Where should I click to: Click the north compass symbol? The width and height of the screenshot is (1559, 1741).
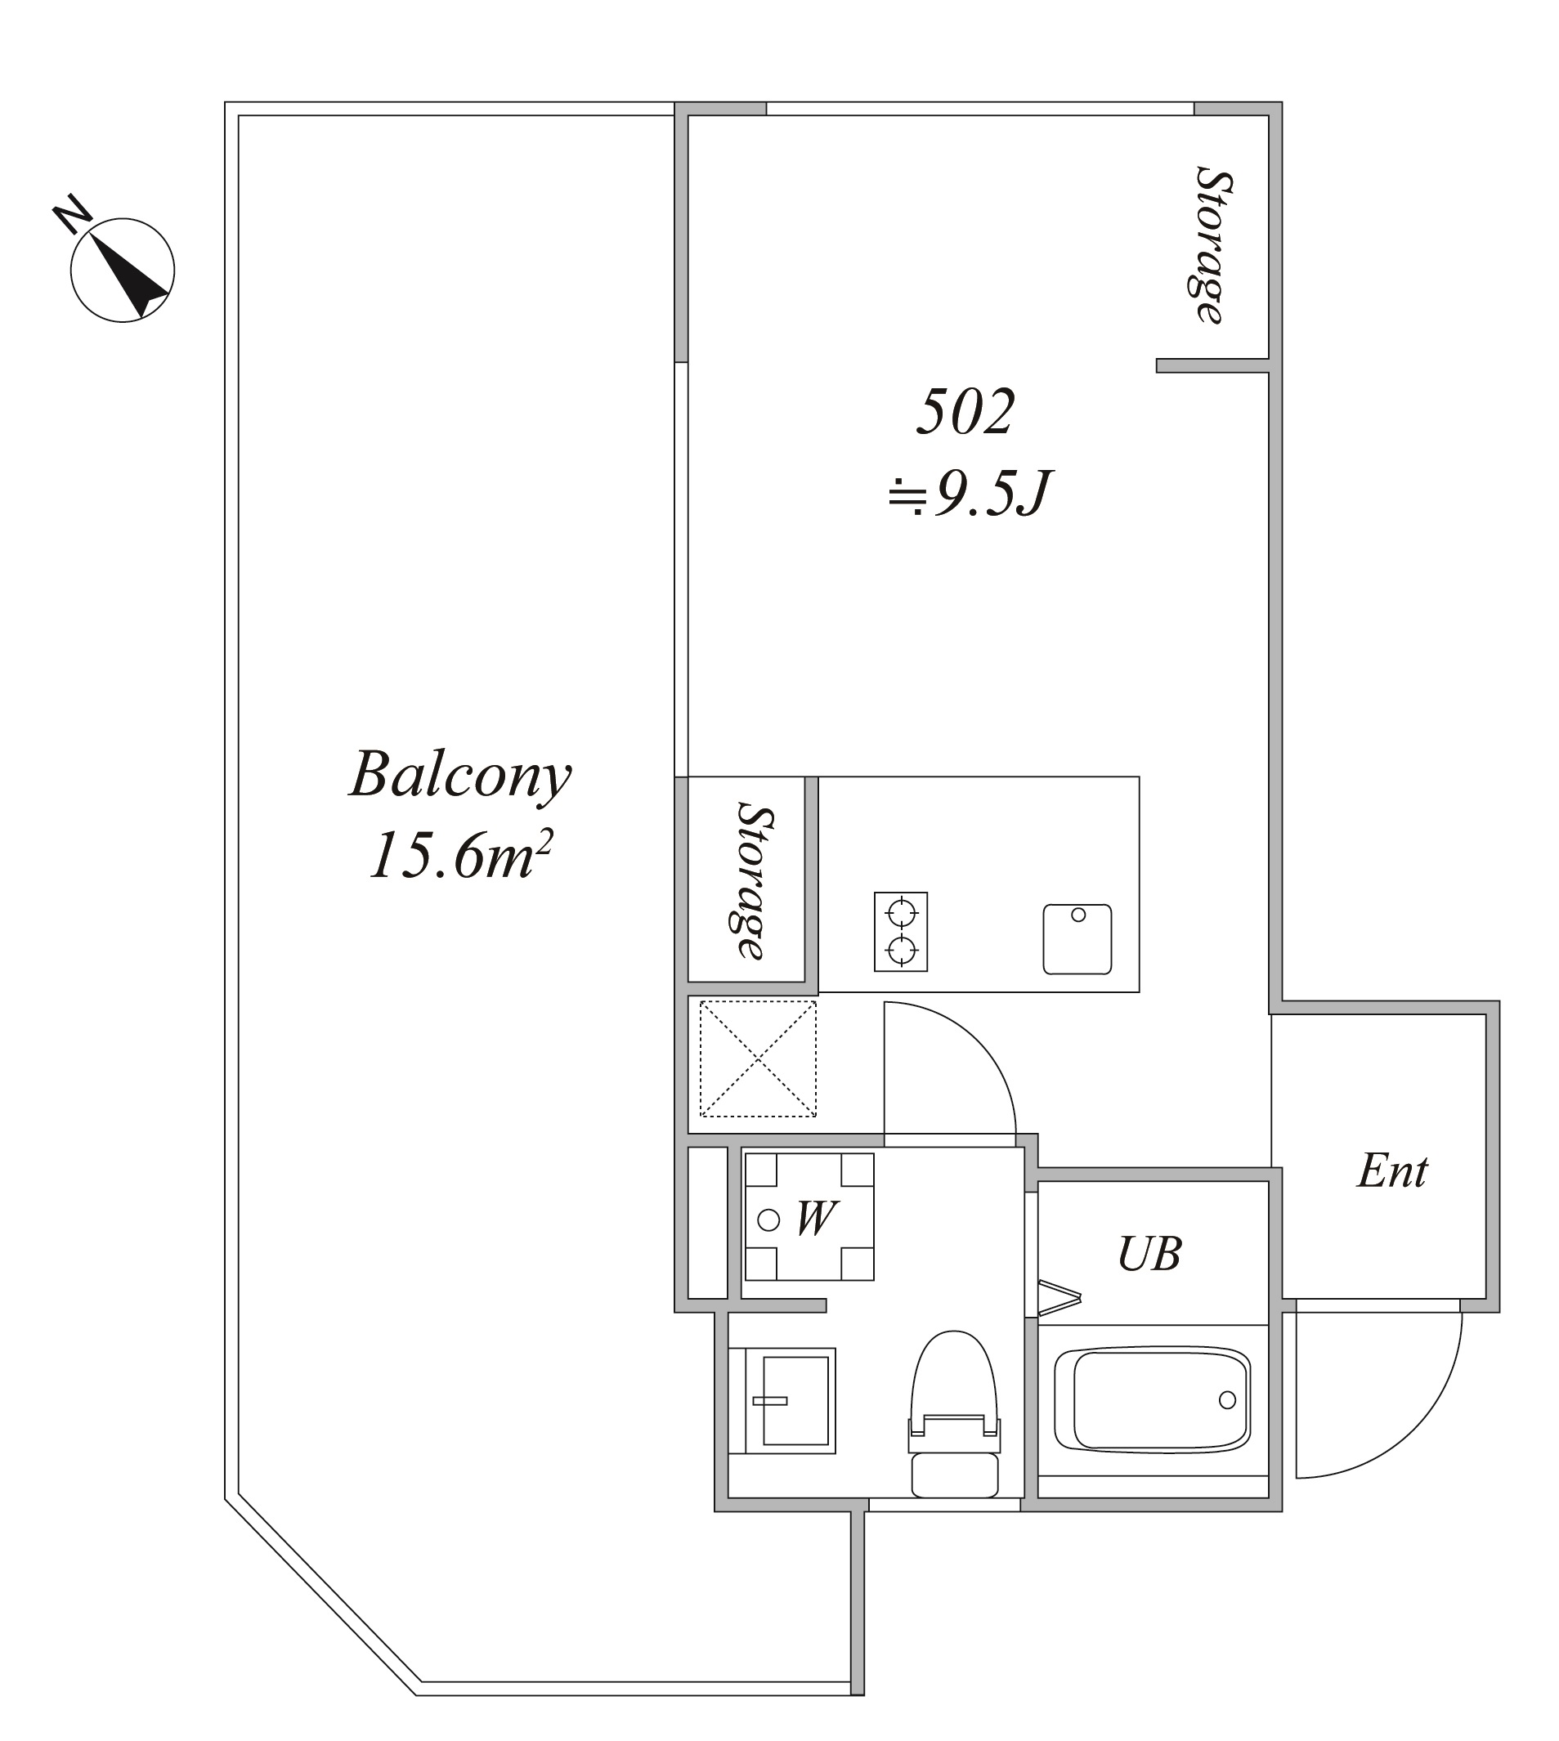[123, 270]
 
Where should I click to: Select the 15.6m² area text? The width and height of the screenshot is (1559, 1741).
[461, 854]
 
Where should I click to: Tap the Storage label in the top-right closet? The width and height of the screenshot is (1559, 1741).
[1213, 245]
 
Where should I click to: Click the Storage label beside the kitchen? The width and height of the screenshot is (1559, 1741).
[754, 880]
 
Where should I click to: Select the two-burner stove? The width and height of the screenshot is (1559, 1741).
[901, 932]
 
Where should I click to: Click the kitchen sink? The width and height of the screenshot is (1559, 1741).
[1077, 938]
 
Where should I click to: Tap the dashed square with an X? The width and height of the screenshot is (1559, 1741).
[758, 1058]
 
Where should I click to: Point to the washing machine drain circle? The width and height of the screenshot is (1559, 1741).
[769, 1220]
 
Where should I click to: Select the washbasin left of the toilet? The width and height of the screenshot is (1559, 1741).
[782, 1401]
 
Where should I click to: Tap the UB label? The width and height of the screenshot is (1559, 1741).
[1149, 1254]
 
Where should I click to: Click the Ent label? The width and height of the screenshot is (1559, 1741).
[1392, 1170]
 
